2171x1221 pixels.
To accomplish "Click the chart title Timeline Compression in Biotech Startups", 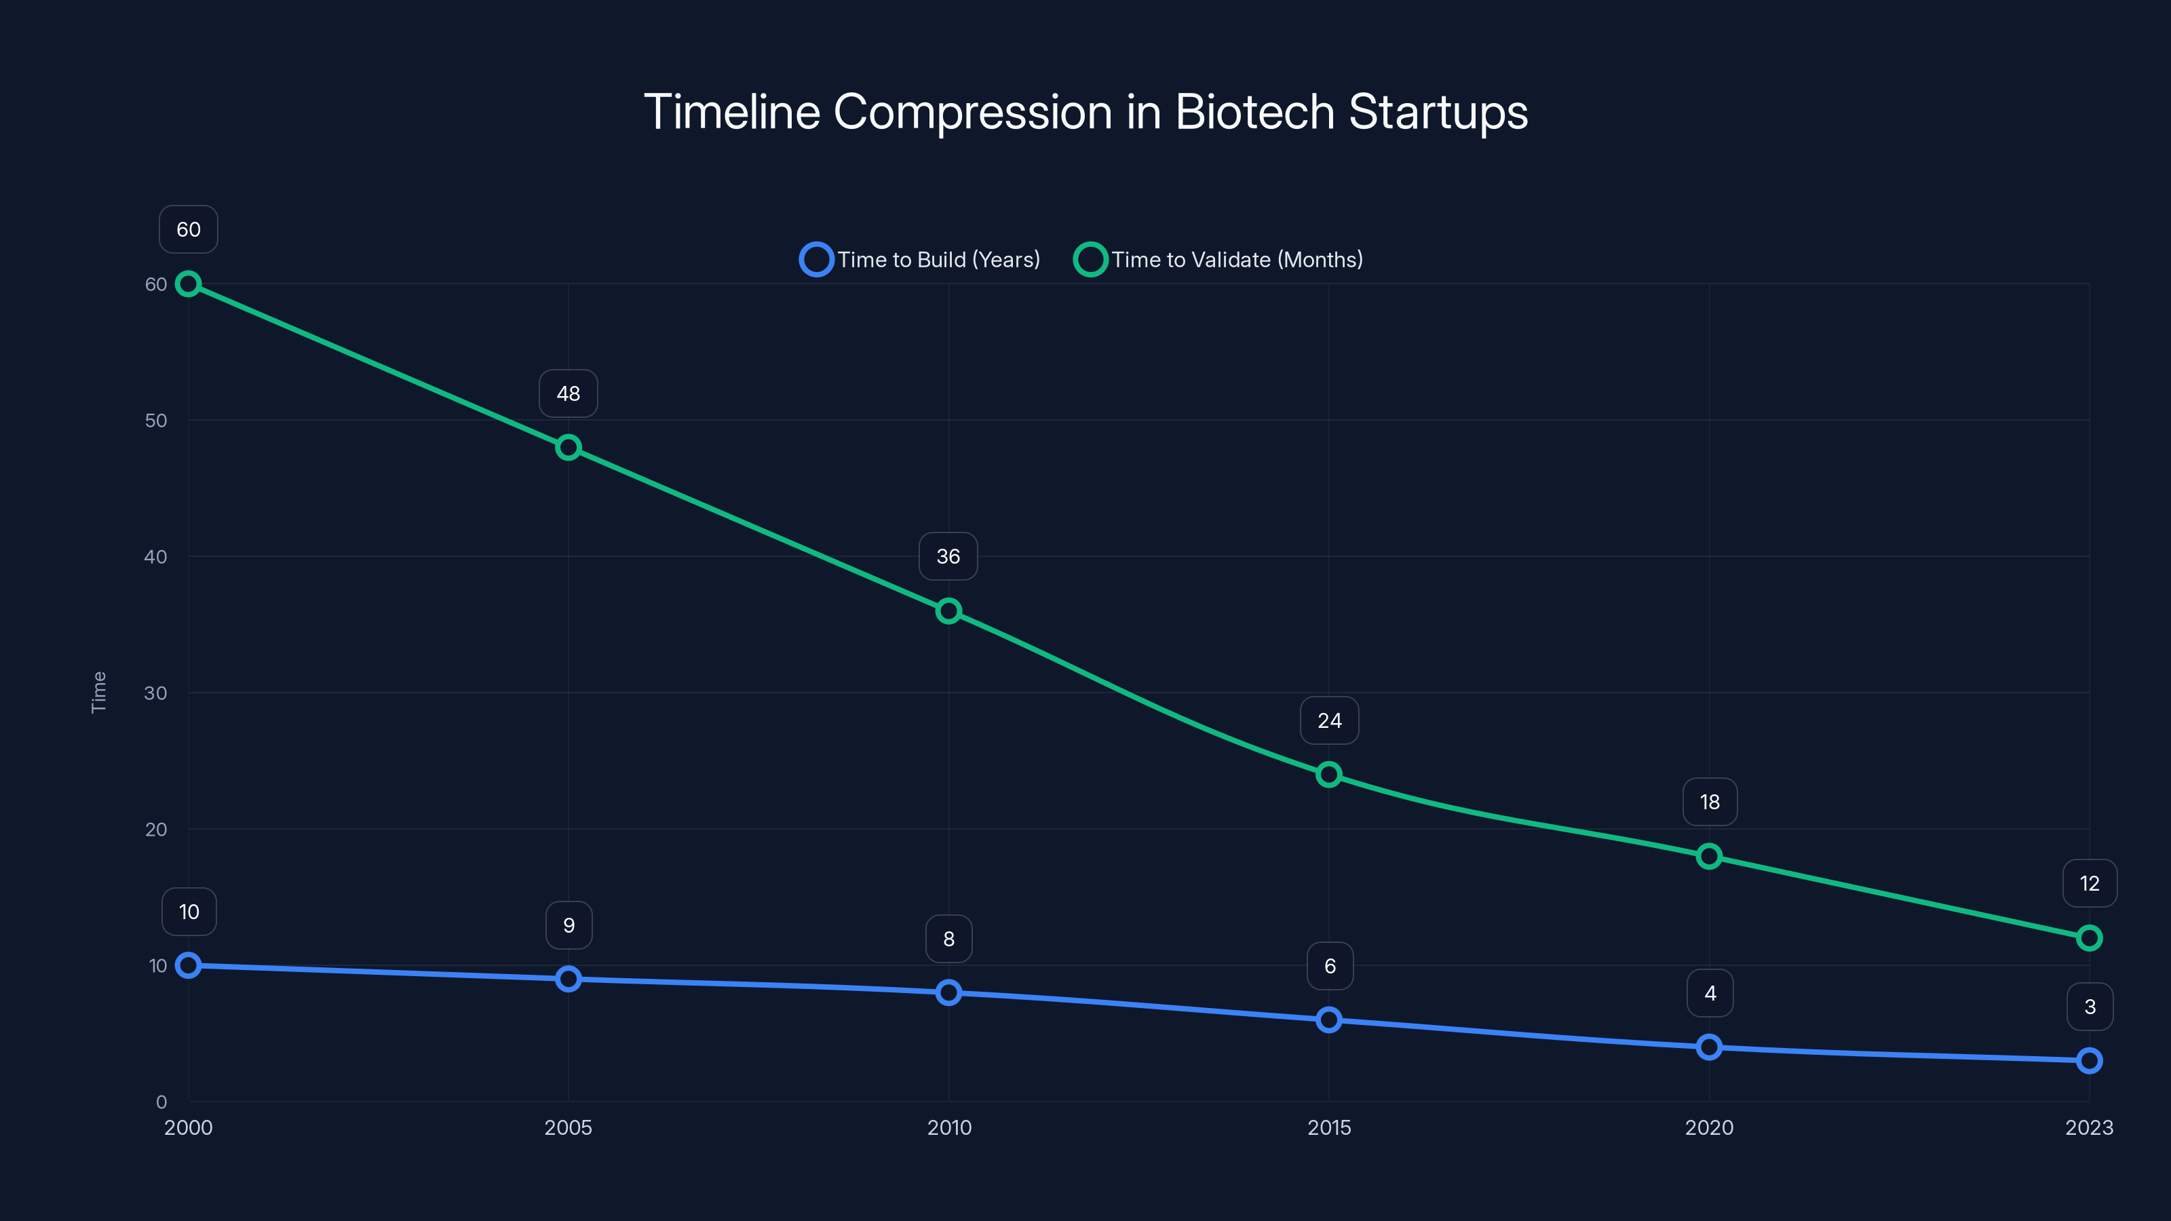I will click(x=1085, y=112).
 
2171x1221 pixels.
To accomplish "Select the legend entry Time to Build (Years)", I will click(x=921, y=260).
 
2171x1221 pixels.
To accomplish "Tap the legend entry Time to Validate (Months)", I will click(x=1218, y=260).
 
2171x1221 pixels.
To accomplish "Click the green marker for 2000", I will click(x=188, y=284).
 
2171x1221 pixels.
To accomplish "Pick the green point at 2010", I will click(x=948, y=611).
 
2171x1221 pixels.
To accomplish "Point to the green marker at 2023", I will click(x=2088, y=938).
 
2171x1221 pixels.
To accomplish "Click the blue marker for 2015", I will click(x=1328, y=1020).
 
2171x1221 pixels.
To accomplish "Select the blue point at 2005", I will click(x=568, y=979).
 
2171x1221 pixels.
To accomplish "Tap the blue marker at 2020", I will click(x=1708, y=1047).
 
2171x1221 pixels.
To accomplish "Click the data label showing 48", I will click(x=568, y=393).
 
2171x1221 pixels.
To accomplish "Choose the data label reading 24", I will click(x=1329, y=720).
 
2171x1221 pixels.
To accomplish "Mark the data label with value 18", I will click(x=1709, y=802).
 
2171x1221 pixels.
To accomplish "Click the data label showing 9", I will click(x=569, y=925).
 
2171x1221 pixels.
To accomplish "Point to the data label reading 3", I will click(x=2090, y=1007).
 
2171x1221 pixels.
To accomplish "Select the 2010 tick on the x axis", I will click(x=949, y=1127).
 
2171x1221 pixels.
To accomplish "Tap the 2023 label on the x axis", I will click(x=2088, y=1127).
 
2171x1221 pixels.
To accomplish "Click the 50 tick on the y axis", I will click(x=156, y=421).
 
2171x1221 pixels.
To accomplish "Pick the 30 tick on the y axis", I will click(x=156, y=693).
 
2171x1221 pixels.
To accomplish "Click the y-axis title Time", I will click(x=98, y=692).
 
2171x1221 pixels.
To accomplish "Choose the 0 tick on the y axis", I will click(x=161, y=1102).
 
